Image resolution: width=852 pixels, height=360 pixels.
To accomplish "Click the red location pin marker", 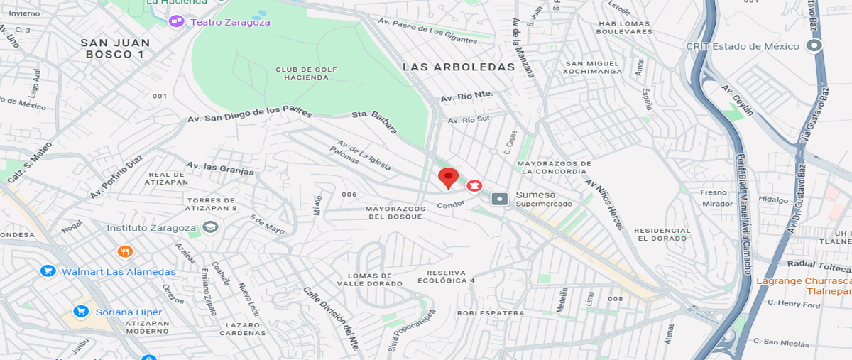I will tap(447, 178).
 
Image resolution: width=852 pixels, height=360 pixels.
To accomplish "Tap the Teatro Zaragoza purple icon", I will tap(176, 22).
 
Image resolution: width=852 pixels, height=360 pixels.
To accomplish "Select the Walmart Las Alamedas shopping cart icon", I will tap(48, 271).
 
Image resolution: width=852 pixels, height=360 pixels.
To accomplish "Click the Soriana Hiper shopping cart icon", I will tap(82, 312).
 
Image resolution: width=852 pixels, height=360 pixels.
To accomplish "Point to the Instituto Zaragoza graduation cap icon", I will tap(209, 227).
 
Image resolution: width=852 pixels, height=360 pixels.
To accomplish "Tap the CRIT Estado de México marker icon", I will tap(815, 46).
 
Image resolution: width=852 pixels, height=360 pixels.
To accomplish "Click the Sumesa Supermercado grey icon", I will tap(500, 199).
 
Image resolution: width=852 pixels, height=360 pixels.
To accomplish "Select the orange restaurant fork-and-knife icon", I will tap(125, 251).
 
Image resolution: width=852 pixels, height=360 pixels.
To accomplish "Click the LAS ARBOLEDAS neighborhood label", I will tap(458, 67).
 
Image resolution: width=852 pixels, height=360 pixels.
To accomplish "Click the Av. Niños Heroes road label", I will tap(604, 203).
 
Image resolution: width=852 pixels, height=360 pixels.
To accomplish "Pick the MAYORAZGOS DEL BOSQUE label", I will tap(395, 212).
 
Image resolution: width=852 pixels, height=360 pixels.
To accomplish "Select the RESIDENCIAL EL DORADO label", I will tap(662, 234).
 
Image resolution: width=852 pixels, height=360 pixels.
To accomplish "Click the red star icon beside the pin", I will tap(474, 186).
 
